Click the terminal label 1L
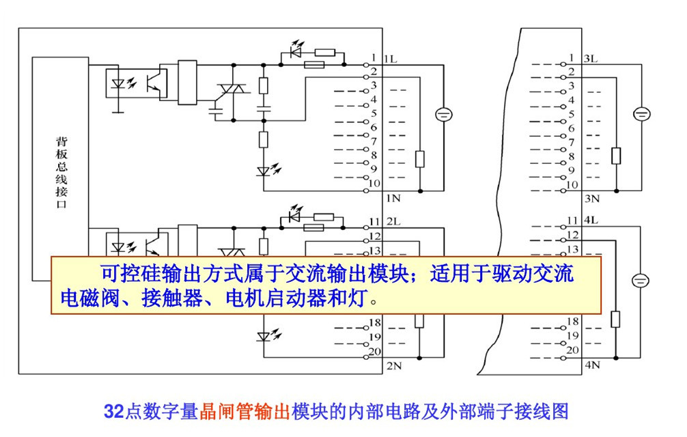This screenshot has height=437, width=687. (391, 59)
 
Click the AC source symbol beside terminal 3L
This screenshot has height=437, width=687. (641, 115)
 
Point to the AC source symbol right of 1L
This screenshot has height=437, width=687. (443, 115)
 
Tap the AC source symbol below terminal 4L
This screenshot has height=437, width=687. (641, 279)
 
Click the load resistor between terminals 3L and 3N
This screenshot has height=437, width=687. (616, 155)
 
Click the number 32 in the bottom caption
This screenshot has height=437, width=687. (113, 412)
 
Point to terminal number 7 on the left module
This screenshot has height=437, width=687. (374, 141)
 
